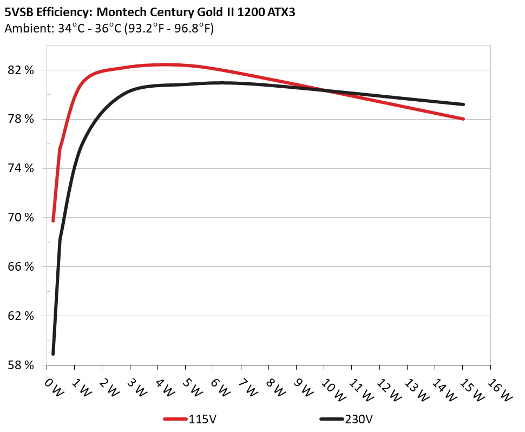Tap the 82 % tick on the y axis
pyautogui.click(x=22, y=70)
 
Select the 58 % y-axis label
pyautogui.click(x=22, y=365)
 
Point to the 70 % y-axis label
pyautogui.click(x=22, y=218)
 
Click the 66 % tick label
pyautogui.click(x=22, y=267)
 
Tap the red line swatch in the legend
pyautogui.click(x=175, y=419)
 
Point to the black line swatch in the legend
pyautogui.click(x=331, y=419)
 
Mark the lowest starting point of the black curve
pyautogui.click(x=53, y=354)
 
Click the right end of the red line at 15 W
pyautogui.click(x=463, y=119)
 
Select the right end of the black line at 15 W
pyautogui.click(x=463, y=104)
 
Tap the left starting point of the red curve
pyautogui.click(x=53, y=220)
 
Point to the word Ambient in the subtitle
pyautogui.click(x=25, y=29)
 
